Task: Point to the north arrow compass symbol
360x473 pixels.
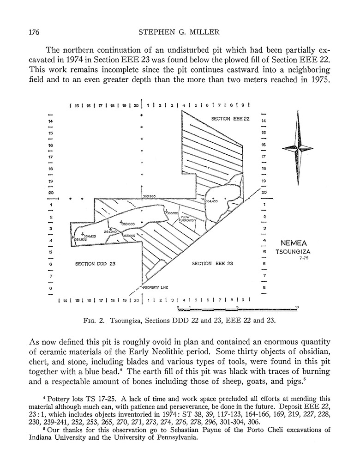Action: [297, 148]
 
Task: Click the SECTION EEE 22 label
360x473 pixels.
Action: [230, 119]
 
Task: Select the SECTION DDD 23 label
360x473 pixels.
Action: [95, 264]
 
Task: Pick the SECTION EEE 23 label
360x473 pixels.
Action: [212, 264]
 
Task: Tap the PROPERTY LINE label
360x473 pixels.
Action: [155, 287]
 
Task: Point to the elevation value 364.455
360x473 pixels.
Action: [212, 201]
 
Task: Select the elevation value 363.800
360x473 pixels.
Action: [128, 224]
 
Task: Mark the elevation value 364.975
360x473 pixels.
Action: [80, 240]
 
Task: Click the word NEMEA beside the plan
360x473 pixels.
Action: [294, 243]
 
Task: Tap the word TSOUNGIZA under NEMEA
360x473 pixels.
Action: [294, 252]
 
